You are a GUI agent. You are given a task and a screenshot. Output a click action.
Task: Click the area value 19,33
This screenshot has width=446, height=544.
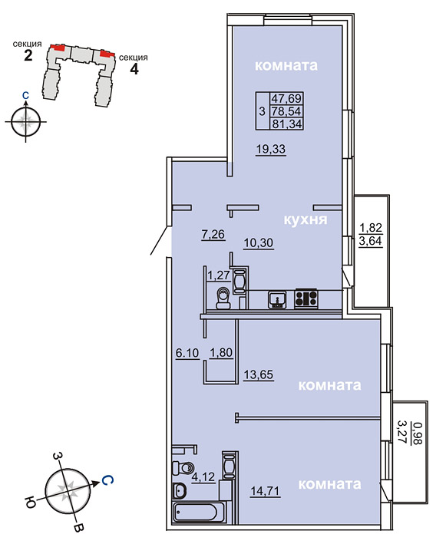pyautogui.click(x=271, y=149)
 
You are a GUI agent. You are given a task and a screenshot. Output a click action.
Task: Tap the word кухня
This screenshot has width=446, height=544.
pyautogui.click(x=306, y=219)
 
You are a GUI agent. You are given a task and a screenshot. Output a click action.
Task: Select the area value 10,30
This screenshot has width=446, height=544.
pyautogui.click(x=259, y=242)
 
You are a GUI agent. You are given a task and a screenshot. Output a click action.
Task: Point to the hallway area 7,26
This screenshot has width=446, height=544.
pyautogui.click(x=213, y=234)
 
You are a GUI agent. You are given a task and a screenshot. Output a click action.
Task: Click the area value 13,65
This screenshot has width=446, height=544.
pyautogui.click(x=259, y=374)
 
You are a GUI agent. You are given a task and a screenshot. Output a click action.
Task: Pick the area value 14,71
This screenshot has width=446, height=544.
pyautogui.click(x=265, y=491)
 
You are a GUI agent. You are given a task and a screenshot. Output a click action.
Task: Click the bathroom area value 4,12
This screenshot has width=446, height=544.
pyautogui.click(x=203, y=477)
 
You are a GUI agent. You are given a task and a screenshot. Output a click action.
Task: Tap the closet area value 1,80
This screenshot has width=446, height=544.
pyautogui.click(x=221, y=352)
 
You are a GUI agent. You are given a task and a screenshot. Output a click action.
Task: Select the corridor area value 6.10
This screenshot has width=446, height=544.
pyautogui.click(x=187, y=353)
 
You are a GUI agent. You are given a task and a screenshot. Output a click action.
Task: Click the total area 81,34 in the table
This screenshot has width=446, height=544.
pyautogui.click(x=287, y=124)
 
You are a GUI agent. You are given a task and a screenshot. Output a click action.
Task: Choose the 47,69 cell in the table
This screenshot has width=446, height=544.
pyautogui.click(x=286, y=98)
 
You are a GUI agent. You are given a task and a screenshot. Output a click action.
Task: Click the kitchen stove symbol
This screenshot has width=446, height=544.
pyautogui.click(x=306, y=298)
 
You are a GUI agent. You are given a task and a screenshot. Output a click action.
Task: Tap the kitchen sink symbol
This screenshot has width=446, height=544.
pyautogui.click(x=277, y=299)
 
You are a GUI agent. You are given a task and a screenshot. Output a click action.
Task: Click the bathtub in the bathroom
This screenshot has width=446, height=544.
pyautogui.click(x=196, y=513)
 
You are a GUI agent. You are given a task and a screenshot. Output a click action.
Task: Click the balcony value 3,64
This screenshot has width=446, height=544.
pyautogui.click(x=371, y=240)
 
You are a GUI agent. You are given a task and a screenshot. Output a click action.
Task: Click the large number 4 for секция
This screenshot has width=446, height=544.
pyautogui.click(x=134, y=68)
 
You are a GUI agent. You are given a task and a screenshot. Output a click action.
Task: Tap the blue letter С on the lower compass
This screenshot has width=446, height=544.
pyautogui.click(x=107, y=480)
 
